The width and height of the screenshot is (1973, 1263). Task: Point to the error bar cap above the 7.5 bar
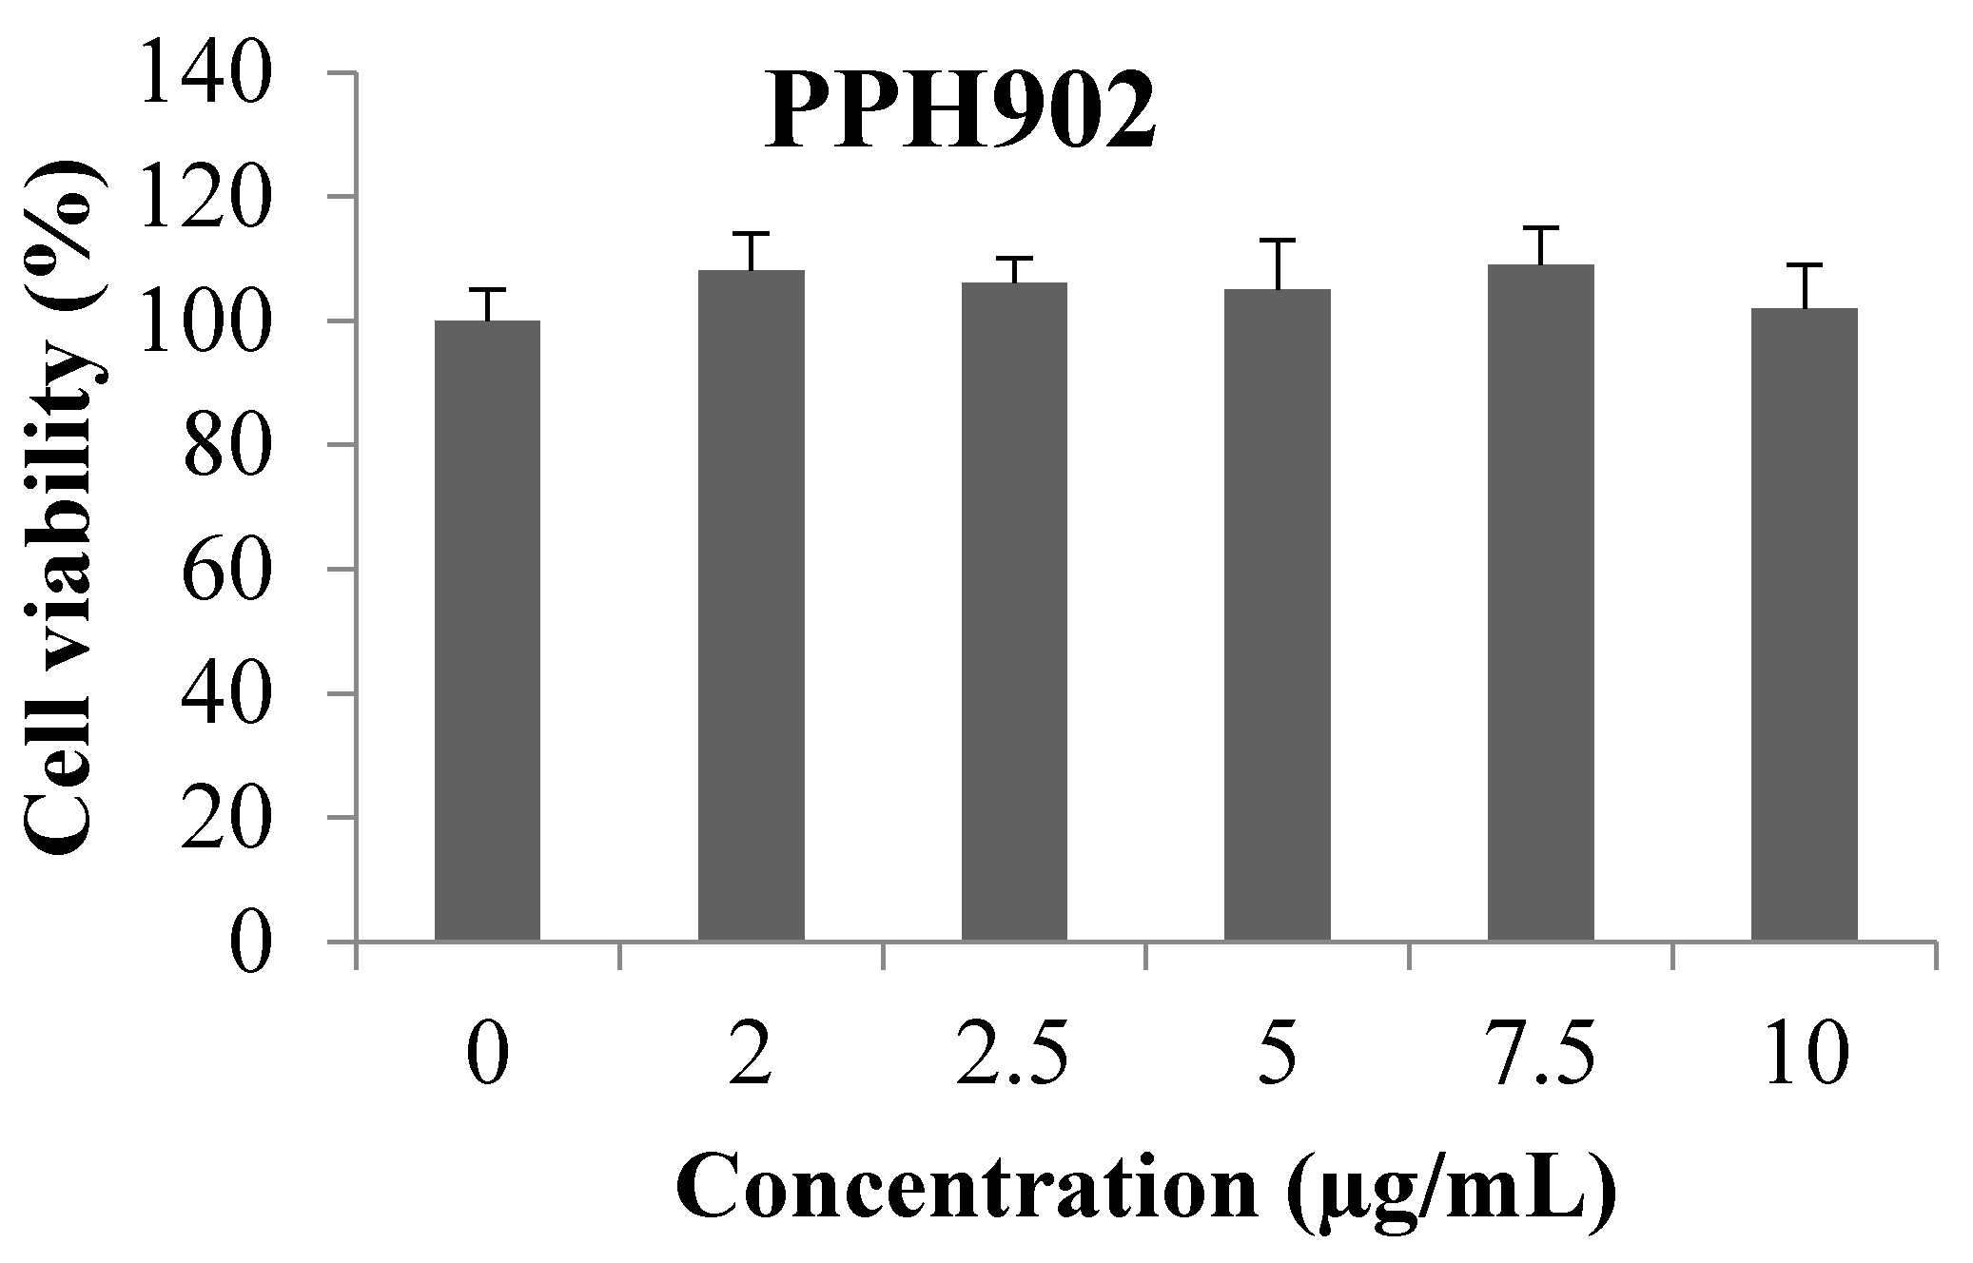pos(1540,228)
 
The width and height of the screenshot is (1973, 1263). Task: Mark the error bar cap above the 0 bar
pos(487,289)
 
